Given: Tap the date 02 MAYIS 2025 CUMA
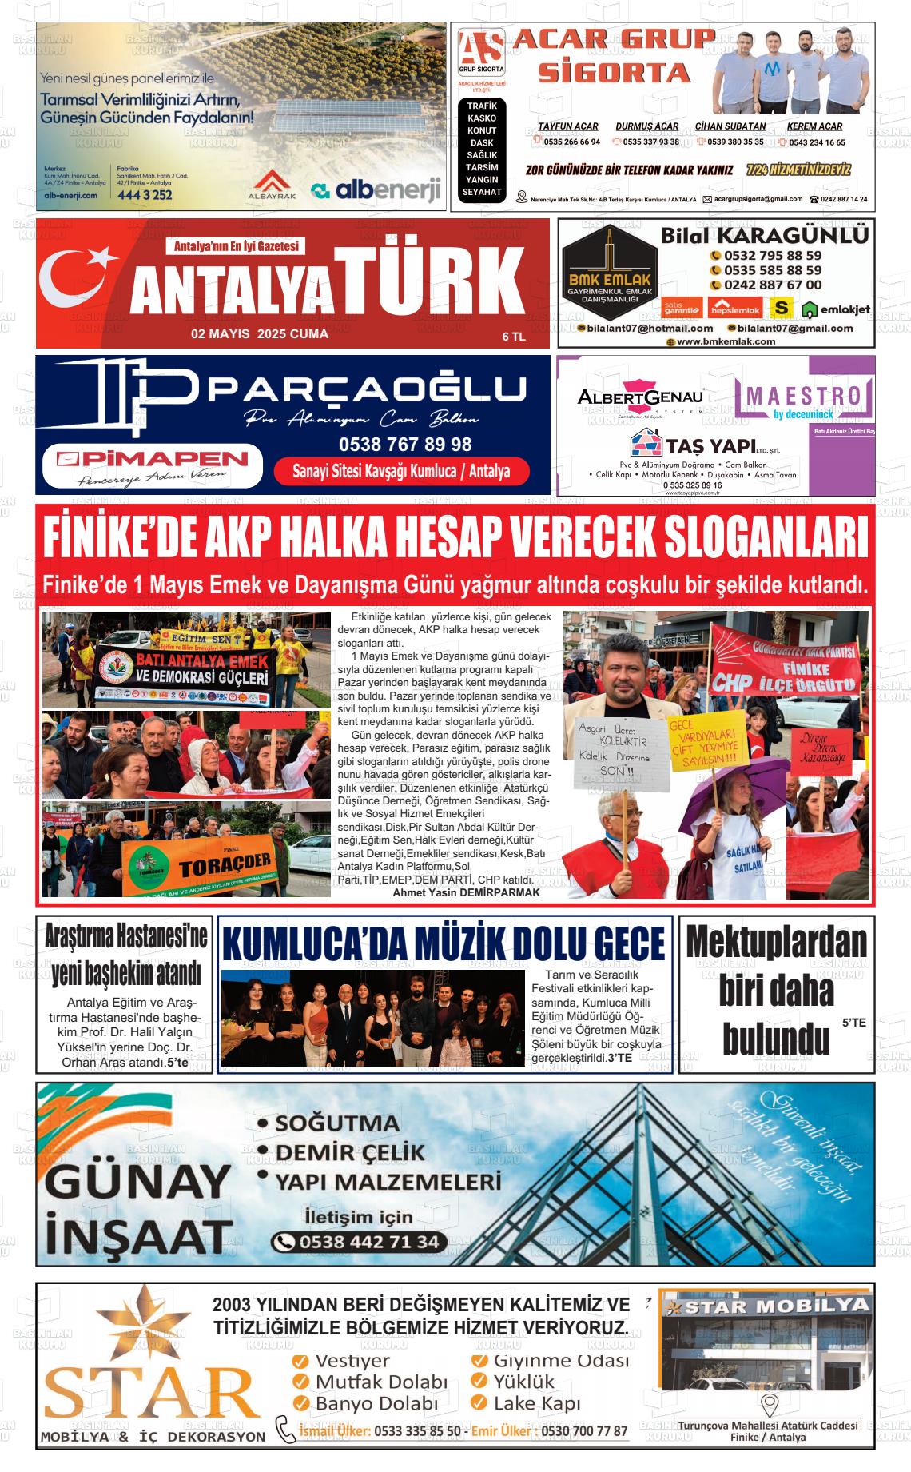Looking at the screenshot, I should pyautogui.click(x=259, y=334).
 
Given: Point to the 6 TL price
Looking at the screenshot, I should pyautogui.click(x=513, y=337).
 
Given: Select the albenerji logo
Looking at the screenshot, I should pyautogui.click(x=376, y=190).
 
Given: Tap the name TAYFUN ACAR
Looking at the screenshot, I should pyautogui.click(x=567, y=126).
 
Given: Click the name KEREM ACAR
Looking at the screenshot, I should pyautogui.click(x=814, y=126).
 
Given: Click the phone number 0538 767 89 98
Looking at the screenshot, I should pyautogui.click(x=405, y=444).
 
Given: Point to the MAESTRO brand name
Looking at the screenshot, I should pyautogui.click(x=807, y=394).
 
